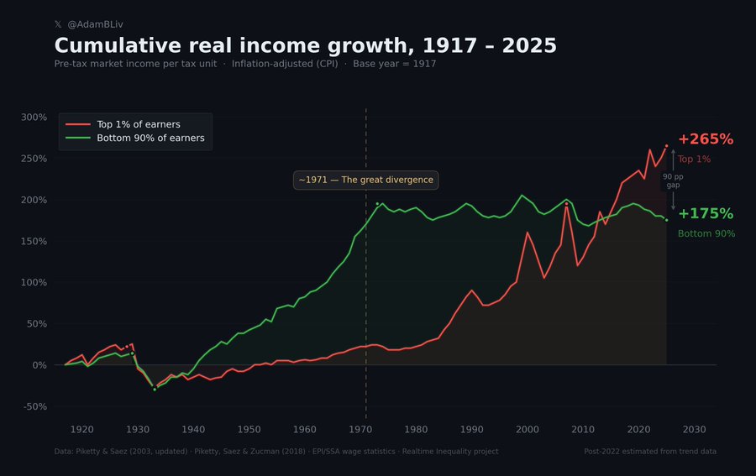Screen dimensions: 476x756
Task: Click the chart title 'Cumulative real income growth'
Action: (305, 45)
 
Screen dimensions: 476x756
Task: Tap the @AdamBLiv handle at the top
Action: (94, 24)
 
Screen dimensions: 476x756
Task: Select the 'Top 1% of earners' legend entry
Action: (139, 124)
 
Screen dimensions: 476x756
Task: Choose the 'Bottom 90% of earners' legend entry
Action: (150, 138)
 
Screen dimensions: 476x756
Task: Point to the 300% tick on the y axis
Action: (33, 117)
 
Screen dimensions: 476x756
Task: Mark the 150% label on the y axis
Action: (33, 241)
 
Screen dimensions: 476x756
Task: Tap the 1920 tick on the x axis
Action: (82, 430)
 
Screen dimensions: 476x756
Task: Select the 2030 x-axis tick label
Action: (694, 430)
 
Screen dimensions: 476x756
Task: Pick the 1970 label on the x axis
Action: (360, 430)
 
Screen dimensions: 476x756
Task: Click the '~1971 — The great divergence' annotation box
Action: (365, 180)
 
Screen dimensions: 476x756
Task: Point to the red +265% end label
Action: (706, 139)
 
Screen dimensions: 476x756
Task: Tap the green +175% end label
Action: (706, 214)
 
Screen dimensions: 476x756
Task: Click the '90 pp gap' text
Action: (673, 180)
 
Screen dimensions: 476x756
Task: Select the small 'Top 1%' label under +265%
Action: (694, 159)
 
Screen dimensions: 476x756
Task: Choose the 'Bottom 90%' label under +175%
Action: (706, 233)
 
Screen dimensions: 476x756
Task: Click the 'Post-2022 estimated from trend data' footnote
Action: (649, 452)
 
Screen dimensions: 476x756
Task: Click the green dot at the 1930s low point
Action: (155, 390)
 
